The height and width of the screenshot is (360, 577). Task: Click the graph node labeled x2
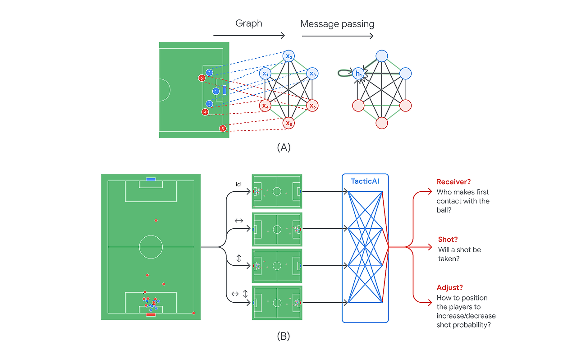click(x=288, y=56)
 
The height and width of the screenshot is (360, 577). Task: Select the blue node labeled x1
click(x=265, y=73)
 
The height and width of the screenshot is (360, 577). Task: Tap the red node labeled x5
click(x=288, y=122)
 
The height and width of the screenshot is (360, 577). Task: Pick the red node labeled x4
click(x=265, y=106)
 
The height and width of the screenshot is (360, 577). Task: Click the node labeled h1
click(x=358, y=73)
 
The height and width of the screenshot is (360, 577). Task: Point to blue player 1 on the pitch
click(x=216, y=91)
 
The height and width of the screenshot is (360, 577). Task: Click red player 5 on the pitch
click(x=222, y=129)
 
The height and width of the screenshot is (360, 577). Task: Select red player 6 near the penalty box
click(x=201, y=78)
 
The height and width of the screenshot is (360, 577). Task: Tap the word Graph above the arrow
click(x=248, y=23)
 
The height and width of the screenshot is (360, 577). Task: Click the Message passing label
click(x=337, y=24)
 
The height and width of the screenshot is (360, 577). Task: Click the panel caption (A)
click(x=284, y=148)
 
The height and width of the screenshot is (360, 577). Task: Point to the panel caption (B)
click(x=284, y=336)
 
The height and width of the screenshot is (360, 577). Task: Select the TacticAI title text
click(x=365, y=181)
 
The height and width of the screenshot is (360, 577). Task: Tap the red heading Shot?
click(x=448, y=240)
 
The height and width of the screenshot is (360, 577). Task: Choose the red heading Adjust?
click(x=449, y=287)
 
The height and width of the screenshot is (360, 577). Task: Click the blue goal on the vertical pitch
click(x=151, y=179)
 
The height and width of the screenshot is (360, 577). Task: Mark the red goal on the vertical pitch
click(x=151, y=314)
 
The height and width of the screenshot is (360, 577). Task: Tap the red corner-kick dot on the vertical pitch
click(x=193, y=313)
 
